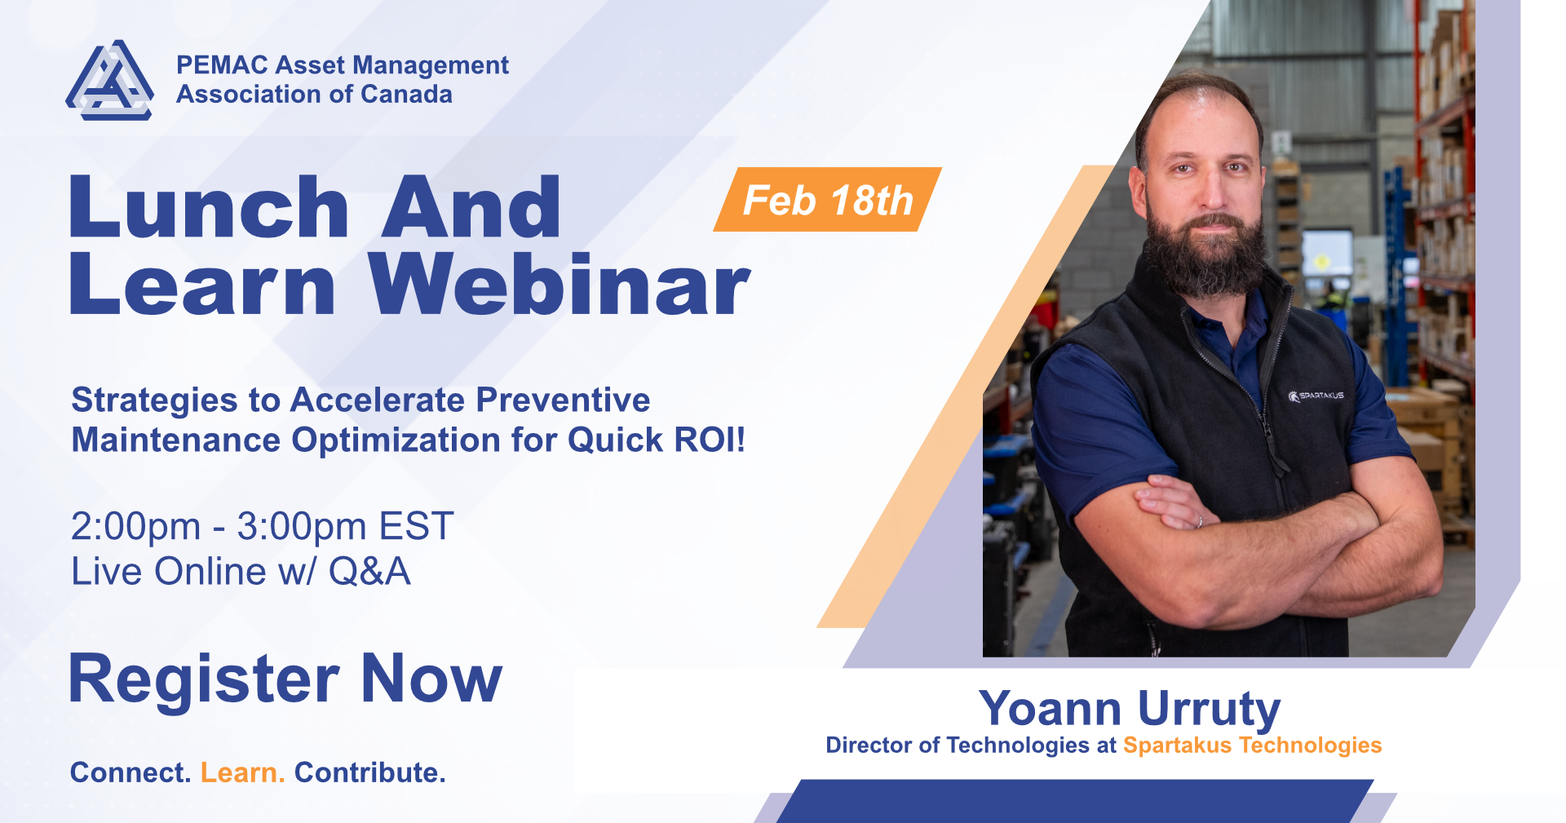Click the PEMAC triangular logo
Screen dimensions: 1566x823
[x=109, y=81]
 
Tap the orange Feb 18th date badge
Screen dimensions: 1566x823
[x=828, y=200]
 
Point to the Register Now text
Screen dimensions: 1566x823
[x=285, y=679]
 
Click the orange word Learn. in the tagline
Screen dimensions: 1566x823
[x=242, y=772]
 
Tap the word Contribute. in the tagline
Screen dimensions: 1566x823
[x=369, y=772]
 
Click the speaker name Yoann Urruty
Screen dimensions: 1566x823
[x=1130, y=708]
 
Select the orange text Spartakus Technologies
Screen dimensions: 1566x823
[x=1252, y=746]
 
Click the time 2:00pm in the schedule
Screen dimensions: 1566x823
[x=135, y=526]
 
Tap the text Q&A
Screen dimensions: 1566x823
[x=369, y=571]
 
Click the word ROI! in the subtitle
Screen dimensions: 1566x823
[x=710, y=440]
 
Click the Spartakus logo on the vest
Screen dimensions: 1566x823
[x=1316, y=396]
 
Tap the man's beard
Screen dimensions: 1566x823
[x=1205, y=249]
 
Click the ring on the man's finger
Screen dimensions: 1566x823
[x=1200, y=521]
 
